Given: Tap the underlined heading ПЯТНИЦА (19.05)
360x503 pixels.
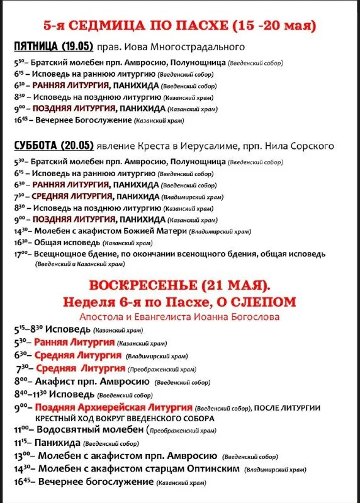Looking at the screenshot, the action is click(53, 47).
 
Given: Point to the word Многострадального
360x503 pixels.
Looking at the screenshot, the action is click(202, 47).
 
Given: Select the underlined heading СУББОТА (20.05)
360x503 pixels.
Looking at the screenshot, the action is click(53, 146).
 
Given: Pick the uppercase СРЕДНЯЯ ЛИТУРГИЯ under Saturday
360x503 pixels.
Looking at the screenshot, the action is click(71, 196).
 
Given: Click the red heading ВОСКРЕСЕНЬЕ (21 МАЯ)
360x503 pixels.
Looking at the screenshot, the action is click(179, 285).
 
